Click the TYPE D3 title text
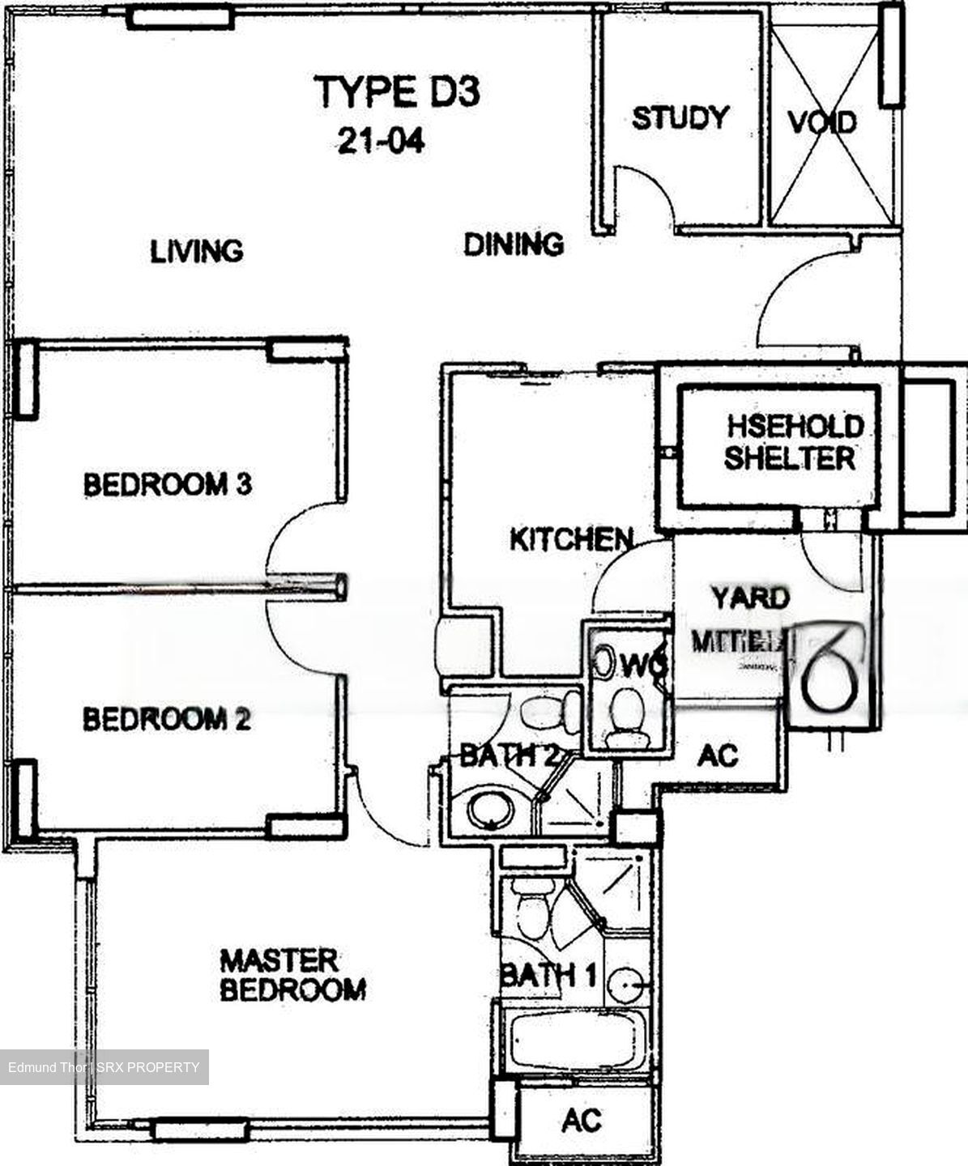tap(397, 91)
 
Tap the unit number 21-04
tap(381, 142)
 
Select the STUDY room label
tap(680, 118)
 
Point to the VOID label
tap(822, 123)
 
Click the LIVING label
tap(197, 251)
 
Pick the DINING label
tap(514, 244)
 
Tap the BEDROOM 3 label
tap(168, 485)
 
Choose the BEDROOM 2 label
tap(167, 719)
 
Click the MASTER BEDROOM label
tap(292, 975)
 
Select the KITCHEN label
tap(571, 539)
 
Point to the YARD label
tap(750, 598)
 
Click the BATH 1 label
tap(548, 974)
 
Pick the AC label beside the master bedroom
tap(582, 1121)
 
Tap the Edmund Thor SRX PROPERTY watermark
tap(104, 1067)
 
